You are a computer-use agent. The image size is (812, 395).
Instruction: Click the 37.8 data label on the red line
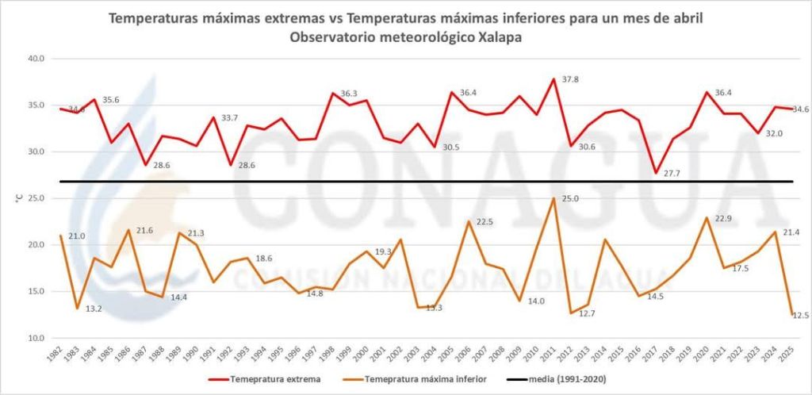click(x=569, y=80)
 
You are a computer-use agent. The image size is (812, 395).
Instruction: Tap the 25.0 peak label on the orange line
click(x=570, y=198)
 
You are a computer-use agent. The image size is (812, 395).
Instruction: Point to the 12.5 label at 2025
click(x=801, y=316)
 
